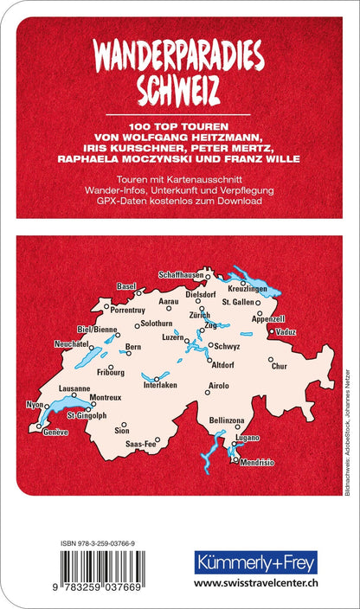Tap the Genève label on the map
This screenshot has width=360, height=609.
(55, 431)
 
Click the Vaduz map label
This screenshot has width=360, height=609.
(287, 331)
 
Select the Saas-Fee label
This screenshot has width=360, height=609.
(140, 444)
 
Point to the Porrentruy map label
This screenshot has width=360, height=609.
(127, 308)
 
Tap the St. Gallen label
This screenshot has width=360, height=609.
(238, 302)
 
